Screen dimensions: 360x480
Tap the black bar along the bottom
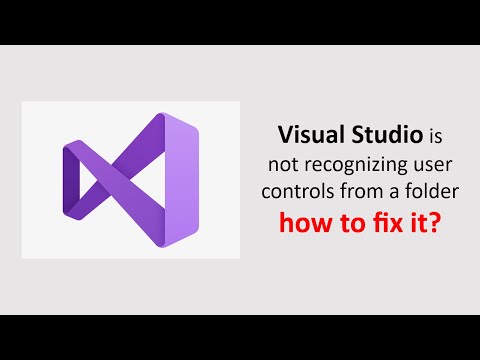click(240, 337)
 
